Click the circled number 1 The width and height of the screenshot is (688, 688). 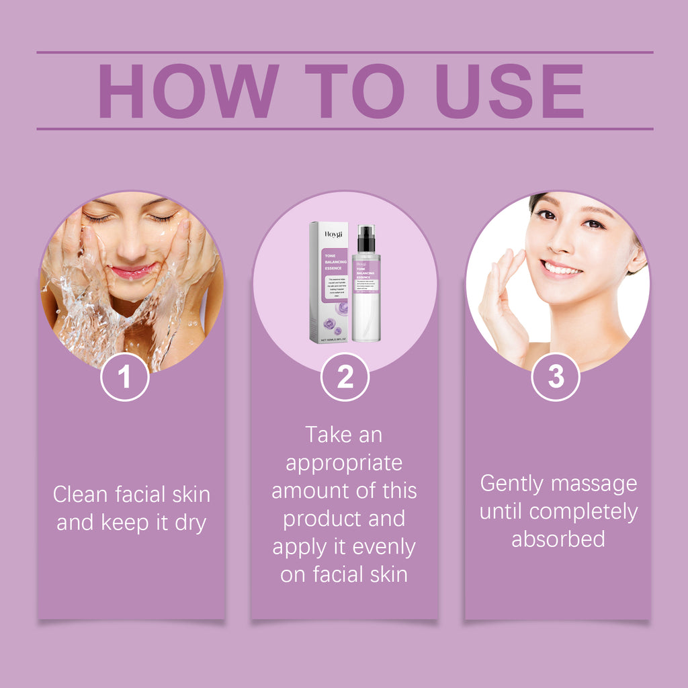tap(125, 377)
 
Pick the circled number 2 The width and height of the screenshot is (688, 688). tap(345, 377)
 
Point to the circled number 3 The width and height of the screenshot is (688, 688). tap(556, 377)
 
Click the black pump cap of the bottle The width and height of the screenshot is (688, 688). tap(366, 239)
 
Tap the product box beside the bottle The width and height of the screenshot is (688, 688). tap(329, 282)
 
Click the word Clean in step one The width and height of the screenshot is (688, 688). tap(80, 495)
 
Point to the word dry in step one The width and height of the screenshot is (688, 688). tap(190, 523)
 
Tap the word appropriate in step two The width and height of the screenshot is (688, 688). tap(344, 463)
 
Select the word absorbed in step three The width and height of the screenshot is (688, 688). tap(558, 539)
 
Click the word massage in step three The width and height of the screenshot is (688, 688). tap(600, 483)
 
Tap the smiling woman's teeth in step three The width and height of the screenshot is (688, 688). tap(562, 269)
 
